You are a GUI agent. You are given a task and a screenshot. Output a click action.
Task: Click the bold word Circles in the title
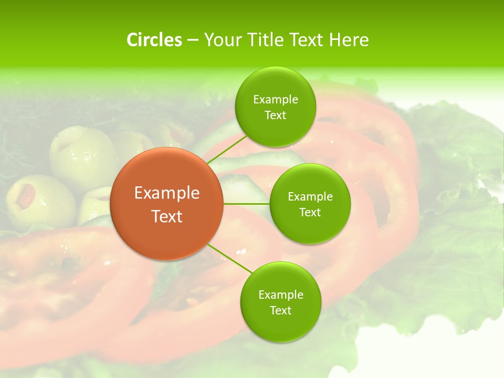[154, 40]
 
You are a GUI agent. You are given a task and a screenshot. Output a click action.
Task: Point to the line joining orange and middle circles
[246, 204]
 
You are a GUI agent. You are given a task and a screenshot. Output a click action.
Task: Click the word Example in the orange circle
[166, 193]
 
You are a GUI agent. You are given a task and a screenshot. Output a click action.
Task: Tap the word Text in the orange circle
[166, 216]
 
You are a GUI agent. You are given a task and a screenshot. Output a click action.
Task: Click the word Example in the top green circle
[275, 100]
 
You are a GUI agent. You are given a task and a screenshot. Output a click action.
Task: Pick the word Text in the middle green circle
[310, 212]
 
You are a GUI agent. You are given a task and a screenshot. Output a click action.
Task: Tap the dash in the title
[192, 40]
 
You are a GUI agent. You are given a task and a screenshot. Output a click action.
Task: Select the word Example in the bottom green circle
[280, 295]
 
